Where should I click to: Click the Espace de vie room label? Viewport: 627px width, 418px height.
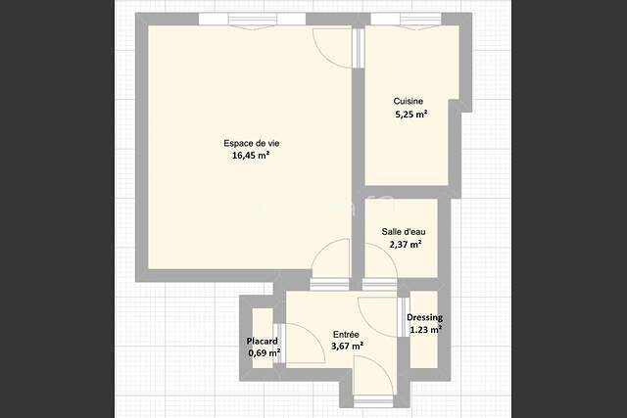click(252, 143)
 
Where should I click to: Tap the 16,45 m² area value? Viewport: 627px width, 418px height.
click(251, 156)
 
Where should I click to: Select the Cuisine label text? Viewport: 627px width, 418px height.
click(409, 101)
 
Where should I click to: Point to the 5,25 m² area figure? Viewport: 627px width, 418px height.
click(411, 115)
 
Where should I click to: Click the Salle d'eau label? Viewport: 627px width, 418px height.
click(404, 231)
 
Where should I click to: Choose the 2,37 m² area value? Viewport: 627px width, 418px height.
click(406, 244)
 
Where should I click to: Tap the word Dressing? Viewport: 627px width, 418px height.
click(424, 318)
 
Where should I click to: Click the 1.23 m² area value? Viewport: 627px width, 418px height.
click(426, 330)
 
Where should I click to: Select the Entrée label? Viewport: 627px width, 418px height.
click(346, 334)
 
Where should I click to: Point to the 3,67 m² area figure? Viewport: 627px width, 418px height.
click(347, 347)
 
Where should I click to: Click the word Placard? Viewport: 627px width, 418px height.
click(262, 342)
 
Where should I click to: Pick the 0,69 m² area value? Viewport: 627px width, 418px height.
click(265, 353)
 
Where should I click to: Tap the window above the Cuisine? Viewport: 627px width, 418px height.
click(406, 20)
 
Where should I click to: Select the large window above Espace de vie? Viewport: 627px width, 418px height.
click(252, 20)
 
